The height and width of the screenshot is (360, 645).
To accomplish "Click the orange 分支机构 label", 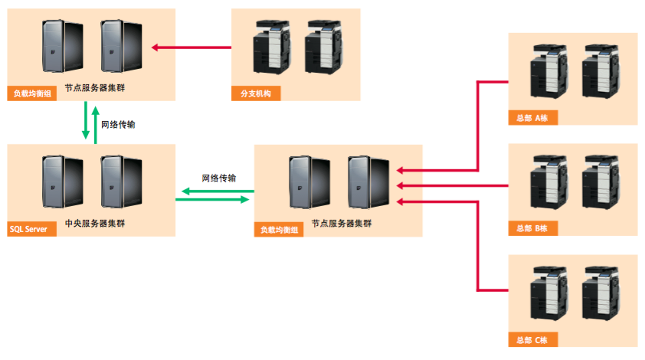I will coord(255,94).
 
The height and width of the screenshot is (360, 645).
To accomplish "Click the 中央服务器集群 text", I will coord(95,224).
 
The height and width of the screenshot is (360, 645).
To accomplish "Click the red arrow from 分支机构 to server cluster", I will coord(192,47).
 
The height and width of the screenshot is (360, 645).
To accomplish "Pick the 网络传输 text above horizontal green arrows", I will coord(219,178).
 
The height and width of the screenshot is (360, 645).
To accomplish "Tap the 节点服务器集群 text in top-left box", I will coord(95,88).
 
